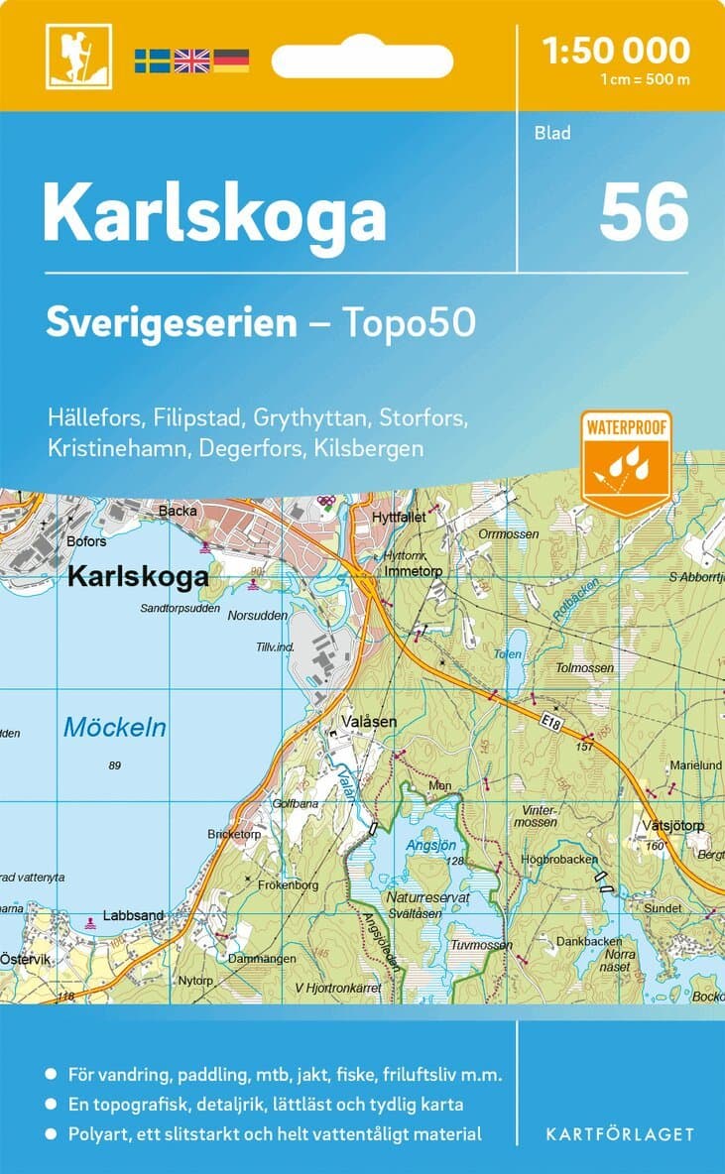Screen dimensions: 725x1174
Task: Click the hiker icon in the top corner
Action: click(x=78, y=56)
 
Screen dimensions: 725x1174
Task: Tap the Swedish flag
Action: click(x=153, y=60)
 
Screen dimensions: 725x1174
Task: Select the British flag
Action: click(x=191, y=60)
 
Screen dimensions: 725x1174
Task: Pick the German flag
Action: click(x=230, y=60)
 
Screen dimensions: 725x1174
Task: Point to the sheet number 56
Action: click(x=643, y=212)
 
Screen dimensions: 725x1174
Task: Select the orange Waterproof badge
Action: click(x=627, y=461)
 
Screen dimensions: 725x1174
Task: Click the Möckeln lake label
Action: click(x=115, y=727)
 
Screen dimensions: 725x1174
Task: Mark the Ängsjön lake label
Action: click(x=428, y=845)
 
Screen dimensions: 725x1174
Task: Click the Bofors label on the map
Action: click(x=85, y=541)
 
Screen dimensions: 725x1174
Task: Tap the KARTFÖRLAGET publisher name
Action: click(x=619, y=1133)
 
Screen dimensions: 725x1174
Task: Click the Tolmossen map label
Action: click(x=585, y=667)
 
